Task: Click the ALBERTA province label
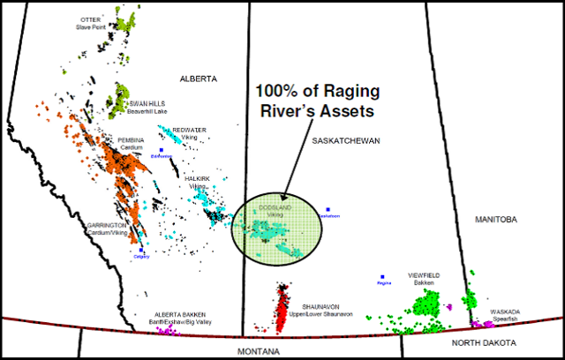pyautogui.click(x=198, y=79)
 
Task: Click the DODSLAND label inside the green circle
pyautogui.click(x=275, y=207)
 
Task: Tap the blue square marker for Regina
pyautogui.click(x=382, y=276)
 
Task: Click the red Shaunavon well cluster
pyautogui.click(x=282, y=308)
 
